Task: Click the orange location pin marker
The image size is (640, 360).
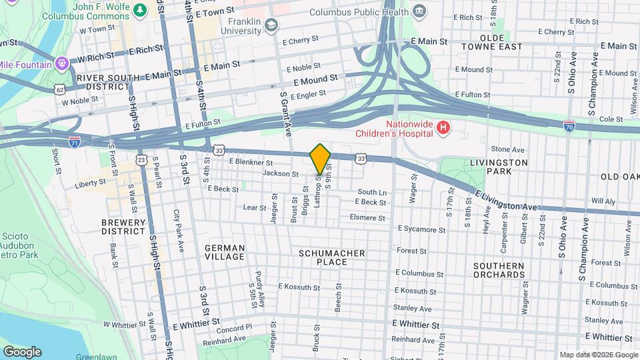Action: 320,159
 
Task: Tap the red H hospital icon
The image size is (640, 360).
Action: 441,127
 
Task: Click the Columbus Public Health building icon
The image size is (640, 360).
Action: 419,11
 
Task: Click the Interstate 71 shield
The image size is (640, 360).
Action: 75,142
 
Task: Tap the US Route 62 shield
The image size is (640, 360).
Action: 60,89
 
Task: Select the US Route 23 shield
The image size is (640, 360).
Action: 141,159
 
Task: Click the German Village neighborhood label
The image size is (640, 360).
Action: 225,252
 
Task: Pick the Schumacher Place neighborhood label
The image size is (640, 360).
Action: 332,257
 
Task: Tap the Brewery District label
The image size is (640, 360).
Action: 123,227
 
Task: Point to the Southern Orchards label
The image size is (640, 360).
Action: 499,270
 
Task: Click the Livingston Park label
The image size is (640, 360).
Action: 499,167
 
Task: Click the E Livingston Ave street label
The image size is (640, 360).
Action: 506,200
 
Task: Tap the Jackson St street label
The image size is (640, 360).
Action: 281,173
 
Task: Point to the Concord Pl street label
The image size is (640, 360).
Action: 234,327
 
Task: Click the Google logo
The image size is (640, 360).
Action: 22,351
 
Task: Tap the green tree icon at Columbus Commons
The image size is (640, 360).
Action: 139,9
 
